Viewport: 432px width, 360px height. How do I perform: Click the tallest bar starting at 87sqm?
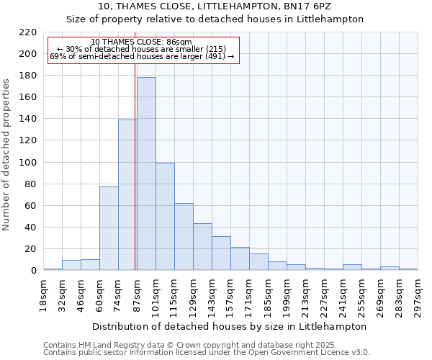[x=146, y=174]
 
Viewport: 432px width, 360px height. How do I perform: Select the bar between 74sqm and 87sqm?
[x=127, y=195]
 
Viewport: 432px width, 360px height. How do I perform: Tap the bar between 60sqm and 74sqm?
[x=109, y=228]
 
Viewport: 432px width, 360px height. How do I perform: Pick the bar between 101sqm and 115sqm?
[x=165, y=217]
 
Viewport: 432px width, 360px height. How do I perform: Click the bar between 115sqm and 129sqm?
[x=184, y=237]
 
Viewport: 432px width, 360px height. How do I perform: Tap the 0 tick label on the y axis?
[x=33, y=271]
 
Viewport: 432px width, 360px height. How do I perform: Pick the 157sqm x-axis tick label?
[x=230, y=294]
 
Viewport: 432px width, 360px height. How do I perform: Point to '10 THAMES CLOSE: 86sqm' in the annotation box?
[x=142, y=42]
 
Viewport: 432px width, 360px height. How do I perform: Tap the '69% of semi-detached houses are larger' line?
[x=142, y=57]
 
